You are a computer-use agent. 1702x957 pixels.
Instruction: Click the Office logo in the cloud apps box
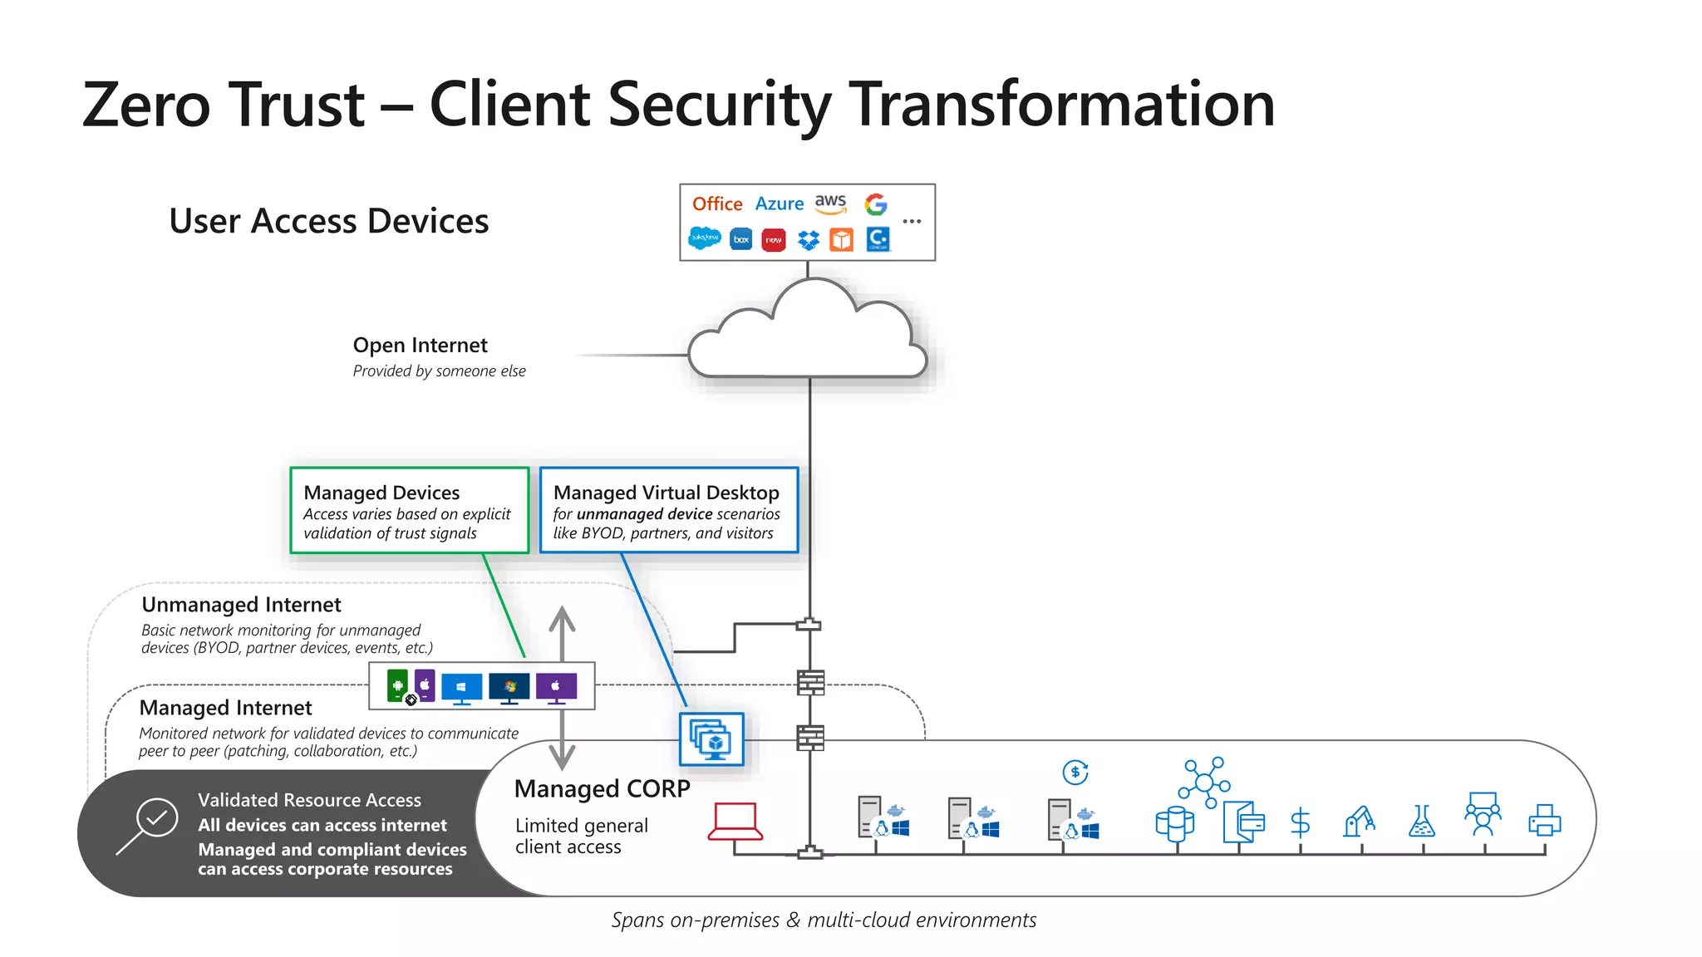click(717, 204)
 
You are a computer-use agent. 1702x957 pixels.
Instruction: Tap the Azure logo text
click(779, 204)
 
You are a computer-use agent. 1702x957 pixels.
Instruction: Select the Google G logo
click(875, 204)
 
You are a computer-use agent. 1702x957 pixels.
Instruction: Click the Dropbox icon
click(808, 240)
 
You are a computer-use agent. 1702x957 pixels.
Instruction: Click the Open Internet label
click(420, 345)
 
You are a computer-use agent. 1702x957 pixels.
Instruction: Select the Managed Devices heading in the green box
click(381, 493)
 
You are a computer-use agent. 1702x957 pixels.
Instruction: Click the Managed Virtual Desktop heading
click(666, 493)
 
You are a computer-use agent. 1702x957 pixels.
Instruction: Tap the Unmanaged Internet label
click(241, 605)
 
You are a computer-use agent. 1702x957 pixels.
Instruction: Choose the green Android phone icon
click(397, 686)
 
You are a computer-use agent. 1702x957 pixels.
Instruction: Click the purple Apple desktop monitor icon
click(556, 688)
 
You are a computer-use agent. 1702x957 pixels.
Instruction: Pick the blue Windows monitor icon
click(461, 689)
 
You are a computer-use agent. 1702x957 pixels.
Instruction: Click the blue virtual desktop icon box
click(711, 739)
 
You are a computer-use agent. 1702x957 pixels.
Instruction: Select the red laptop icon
click(735, 821)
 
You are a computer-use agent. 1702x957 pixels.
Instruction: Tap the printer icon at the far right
click(1544, 820)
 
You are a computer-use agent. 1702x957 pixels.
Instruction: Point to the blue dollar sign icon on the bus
click(1300, 822)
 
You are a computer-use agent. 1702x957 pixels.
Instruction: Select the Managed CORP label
click(602, 788)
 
